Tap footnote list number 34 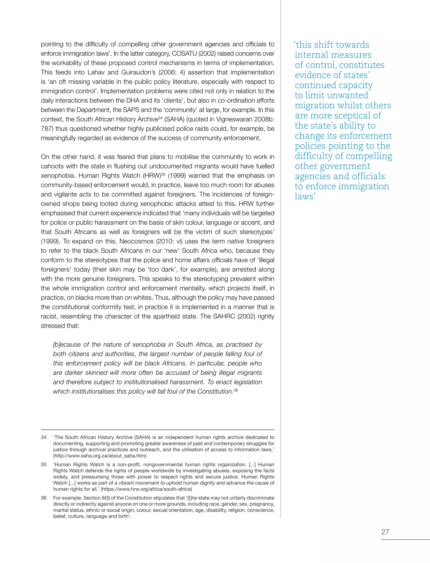pyautogui.click(x=43, y=437)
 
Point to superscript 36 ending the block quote pyautogui.click(x=236, y=390)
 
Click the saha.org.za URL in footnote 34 pyautogui.click(x=100, y=456)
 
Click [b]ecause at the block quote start pyautogui.click(x=67, y=345)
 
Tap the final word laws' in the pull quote pyautogui.click(x=305, y=196)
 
